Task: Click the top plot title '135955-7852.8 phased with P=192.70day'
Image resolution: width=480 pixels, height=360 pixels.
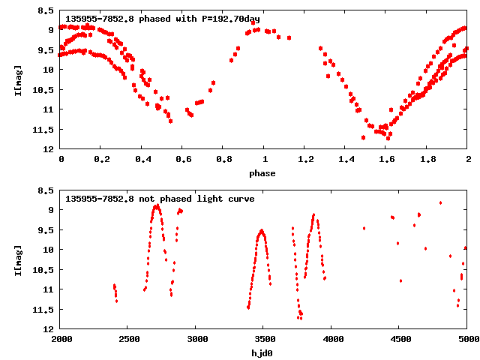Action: click(x=163, y=19)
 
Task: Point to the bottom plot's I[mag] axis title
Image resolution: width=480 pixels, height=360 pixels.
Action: click(x=17, y=259)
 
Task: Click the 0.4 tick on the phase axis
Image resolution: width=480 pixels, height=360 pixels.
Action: click(x=142, y=159)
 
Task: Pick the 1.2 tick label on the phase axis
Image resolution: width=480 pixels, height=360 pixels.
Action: click(x=305, y=159)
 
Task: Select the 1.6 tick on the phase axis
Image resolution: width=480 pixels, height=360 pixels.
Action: click(x=387, y=159)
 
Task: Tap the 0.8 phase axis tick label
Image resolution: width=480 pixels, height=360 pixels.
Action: click(x=224, y=159)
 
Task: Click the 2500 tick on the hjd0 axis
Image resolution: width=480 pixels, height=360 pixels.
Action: click(x=129, y=339)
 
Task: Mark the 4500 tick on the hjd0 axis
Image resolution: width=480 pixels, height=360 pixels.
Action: click(x=400, y=339)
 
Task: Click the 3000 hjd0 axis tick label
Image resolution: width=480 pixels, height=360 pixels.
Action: click(x=196, y=339)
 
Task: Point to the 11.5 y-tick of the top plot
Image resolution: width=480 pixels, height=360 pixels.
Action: click(x=46, y=129)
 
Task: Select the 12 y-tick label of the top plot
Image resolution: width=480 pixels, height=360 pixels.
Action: click(x=49, y=148)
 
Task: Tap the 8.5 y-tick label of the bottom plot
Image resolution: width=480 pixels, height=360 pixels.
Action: click(x=46, y=190)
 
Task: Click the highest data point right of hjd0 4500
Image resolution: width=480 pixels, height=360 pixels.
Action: click(x=441, y=202)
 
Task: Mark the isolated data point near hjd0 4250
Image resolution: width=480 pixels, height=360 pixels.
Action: click(x=364, y=228)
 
